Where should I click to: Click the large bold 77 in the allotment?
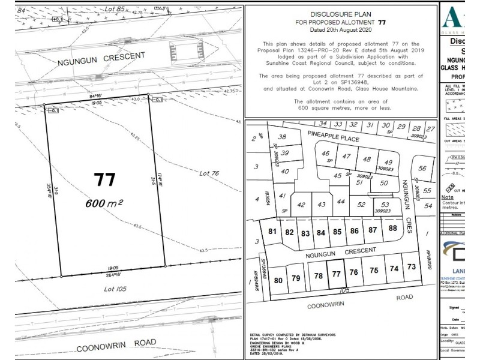[103, 179]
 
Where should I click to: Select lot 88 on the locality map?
[393, 228]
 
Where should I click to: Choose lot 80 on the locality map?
[278, 280]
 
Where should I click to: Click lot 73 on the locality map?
[411, 266]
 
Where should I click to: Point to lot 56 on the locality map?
[422, 169]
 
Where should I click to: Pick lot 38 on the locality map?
[283, 137]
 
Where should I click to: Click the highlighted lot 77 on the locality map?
[336, 274]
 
